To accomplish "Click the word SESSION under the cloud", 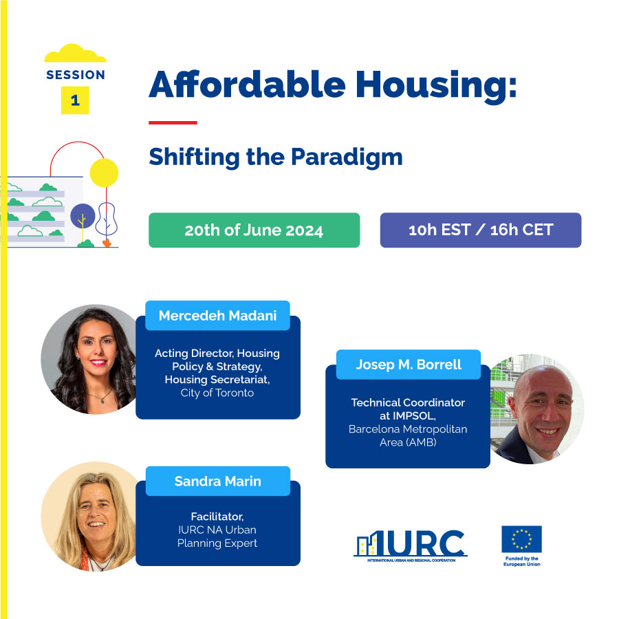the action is (76, 74).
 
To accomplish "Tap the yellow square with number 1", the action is (75, 100).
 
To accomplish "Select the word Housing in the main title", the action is (436, 86).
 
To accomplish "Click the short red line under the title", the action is (173, 123).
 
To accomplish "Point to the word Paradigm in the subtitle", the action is (347, 158).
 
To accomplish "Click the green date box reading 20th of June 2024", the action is (254, 230).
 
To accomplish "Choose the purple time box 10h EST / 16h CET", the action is (481, 230).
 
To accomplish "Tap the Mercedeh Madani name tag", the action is (217, 316).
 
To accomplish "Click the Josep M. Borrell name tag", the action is (409, 365).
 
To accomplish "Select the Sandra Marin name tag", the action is (218, 481).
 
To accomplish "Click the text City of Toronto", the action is (217, 393).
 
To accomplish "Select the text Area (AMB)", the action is (408, 442).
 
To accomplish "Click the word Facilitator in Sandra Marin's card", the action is (217, 517).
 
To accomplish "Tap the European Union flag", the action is (521, 539).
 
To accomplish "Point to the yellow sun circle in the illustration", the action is (105, 173).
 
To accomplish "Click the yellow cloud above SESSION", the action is (76, 53).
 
